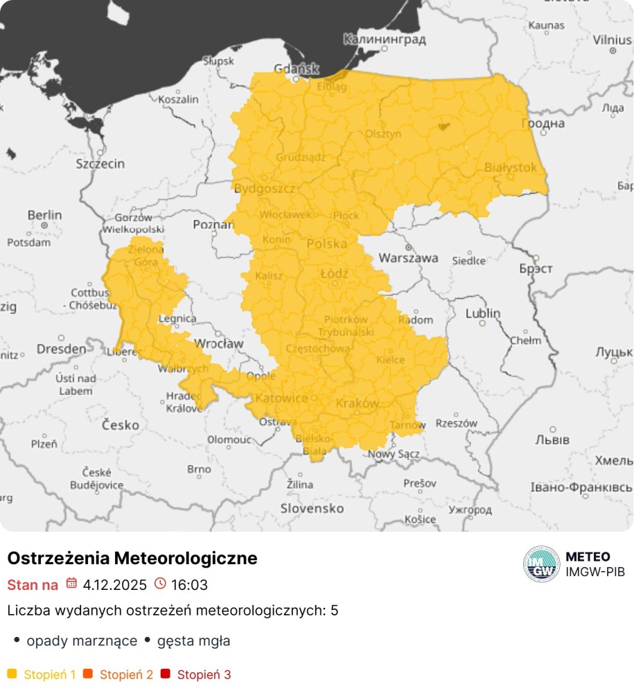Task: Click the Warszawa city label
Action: [408, 258]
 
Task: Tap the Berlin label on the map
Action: [44, 216]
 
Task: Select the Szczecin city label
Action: [100, 164]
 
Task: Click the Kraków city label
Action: [357, 403]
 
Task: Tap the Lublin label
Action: [482, 313]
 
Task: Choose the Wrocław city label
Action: [219, 343]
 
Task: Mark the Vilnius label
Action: [612, 40]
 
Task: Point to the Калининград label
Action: [384, 40]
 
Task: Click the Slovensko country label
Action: [312, 508]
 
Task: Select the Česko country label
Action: [121, 424]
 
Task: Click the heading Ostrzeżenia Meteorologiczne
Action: [132, 558]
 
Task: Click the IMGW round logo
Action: [541, 564]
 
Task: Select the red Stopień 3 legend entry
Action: [197, 674]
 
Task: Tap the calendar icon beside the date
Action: [71, 584]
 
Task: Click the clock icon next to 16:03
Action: [160, 584]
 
